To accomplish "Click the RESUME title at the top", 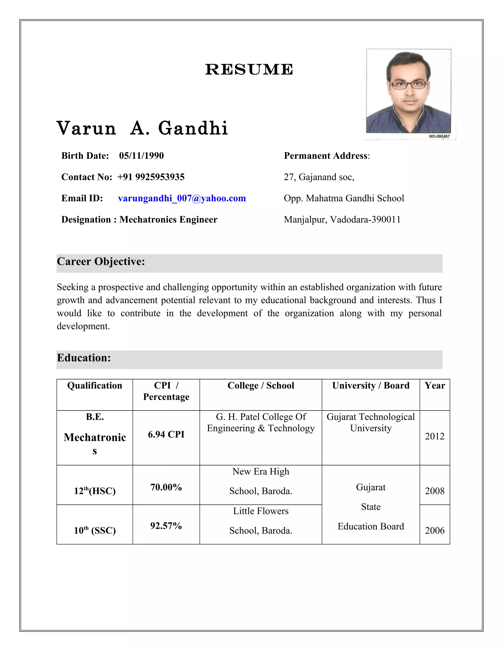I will click(249, 70).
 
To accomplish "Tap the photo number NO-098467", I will click(439, 137).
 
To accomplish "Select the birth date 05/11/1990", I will click(141, 156).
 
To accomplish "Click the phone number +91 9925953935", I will click(151, 177).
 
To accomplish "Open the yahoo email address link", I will click(182, 198).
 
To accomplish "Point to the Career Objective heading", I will click(101, 261).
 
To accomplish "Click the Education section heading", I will click(84, 358).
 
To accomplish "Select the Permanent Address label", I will click(326, 156).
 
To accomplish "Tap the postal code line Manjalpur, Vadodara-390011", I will click(342, 220).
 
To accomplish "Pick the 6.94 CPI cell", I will click(166, 434).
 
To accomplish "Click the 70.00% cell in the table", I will click(166, 487).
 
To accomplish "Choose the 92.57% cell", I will click(166, 525).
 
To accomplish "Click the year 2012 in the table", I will click(434, 436).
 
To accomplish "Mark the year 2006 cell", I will click(434, 530).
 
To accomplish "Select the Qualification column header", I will click(95, 385).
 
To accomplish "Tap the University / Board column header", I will click(371, 385).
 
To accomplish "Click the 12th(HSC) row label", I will click(95, 491).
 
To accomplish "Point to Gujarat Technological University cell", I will click(371, 422).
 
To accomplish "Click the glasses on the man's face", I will click(408, 85).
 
